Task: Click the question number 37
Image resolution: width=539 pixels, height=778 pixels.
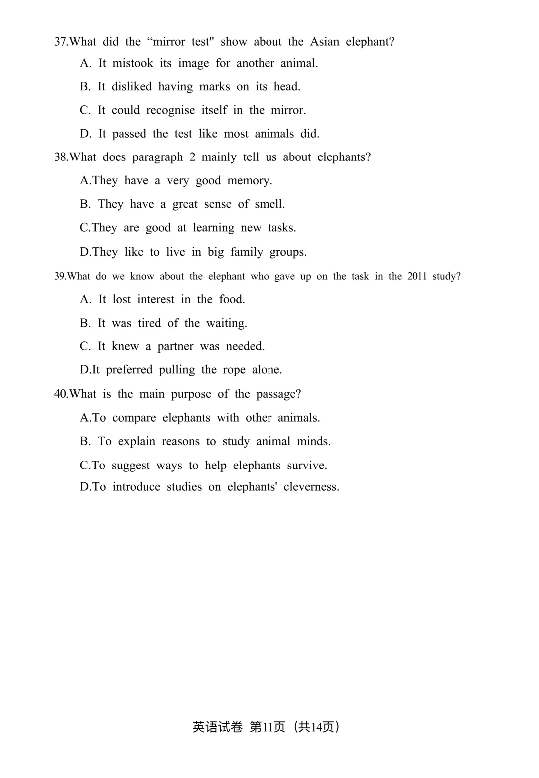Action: (61, 42)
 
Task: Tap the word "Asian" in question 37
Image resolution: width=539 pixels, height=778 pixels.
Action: (324, 42)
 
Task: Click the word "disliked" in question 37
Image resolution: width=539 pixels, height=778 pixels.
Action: (131, 87)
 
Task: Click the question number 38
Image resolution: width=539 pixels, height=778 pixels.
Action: (61, 157)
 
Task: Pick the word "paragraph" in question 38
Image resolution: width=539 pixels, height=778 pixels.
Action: (157, 157)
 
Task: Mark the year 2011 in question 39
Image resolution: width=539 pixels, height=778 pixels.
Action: (417, 276)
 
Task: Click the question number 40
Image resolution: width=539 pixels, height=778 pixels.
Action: (61, 394)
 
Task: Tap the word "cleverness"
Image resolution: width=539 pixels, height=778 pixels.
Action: (311, 487)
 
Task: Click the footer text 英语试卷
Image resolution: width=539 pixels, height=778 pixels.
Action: (217, 727)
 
